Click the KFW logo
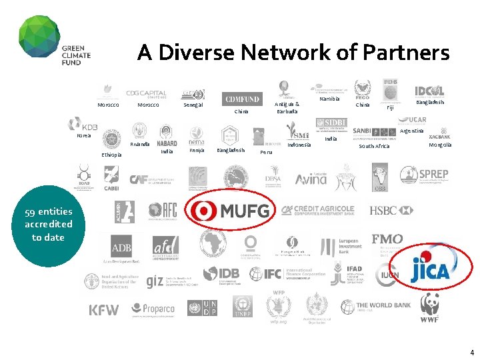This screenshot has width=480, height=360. [104, 310]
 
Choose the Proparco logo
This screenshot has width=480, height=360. [153, 309]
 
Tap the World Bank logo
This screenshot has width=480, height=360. [376, 307]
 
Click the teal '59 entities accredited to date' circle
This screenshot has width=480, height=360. [48, 224]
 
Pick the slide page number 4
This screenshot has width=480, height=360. [471, 352]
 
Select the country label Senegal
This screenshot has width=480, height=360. [193, 105]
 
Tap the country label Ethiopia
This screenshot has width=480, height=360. [111, 155]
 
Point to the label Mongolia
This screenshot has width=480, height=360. [440, 145]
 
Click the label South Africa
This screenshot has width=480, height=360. [374, 146]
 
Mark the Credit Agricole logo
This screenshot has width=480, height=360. [318, 210]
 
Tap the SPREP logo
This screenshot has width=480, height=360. [425, 175]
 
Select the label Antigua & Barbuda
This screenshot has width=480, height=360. [288, 107]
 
